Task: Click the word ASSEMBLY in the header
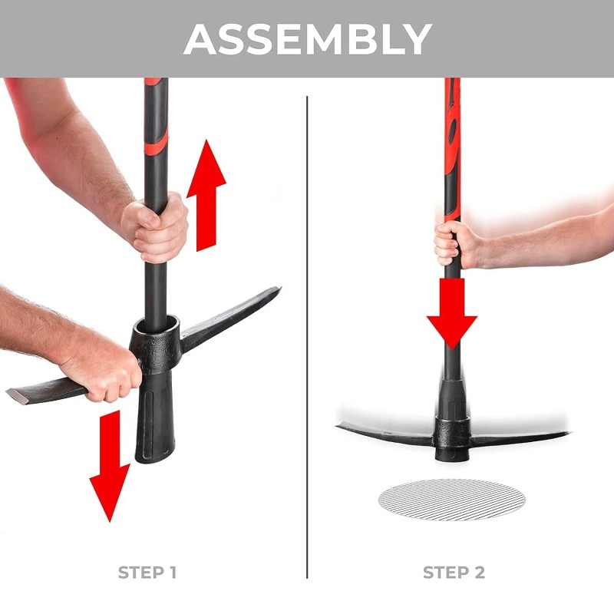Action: point(307,38)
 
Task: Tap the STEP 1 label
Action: point(147,573)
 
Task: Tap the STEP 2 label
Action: point(454,573)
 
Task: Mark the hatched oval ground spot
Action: point(452,500)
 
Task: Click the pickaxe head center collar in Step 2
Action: point(451,434)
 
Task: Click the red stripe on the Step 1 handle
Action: point(157,138)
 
